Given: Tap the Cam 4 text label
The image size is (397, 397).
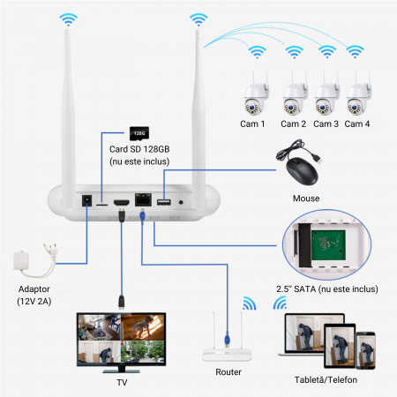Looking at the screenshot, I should [x=357, y=124].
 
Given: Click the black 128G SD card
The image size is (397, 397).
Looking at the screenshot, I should [x=138, y=133].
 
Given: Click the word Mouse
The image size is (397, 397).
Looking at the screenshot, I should [x=305, y=198].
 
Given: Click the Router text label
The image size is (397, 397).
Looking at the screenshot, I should [x=228, y=372].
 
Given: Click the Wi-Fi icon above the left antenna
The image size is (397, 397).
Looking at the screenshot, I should [x=67, y=19].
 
